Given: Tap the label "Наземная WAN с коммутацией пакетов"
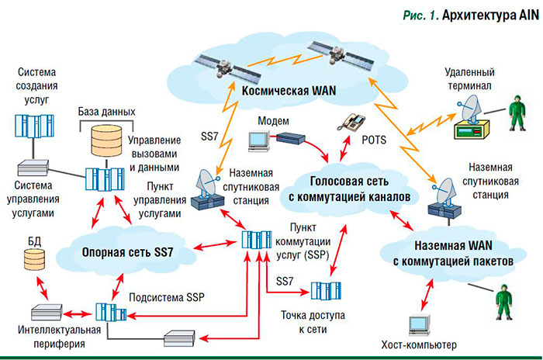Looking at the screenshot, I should coord(448,255).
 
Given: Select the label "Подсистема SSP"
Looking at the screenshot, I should coord(165,296).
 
